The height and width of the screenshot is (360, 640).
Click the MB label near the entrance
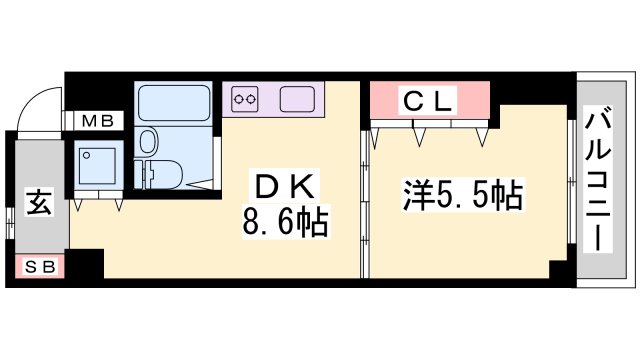pos(97,122)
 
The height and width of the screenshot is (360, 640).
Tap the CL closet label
pos(429,100)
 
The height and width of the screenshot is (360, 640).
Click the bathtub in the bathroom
pos(171,103)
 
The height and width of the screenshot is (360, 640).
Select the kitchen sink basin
pos(297,98)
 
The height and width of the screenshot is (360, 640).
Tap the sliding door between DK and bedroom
pos(364,200)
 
